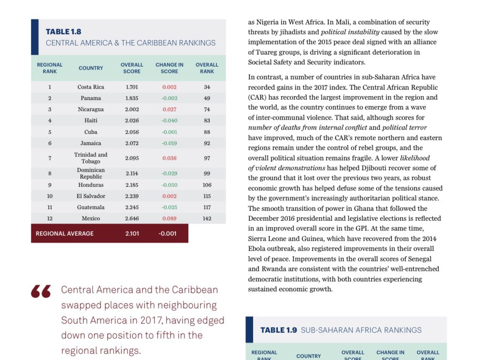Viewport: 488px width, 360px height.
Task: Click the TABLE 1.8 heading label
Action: (x=63, y=32)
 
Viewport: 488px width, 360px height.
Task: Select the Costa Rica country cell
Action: (x=91, y=87)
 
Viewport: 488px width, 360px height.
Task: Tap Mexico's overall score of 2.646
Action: (x=132, y=218)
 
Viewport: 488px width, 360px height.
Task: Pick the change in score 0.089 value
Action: (x=169, y=218)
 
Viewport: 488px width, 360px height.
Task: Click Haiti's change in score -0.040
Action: (x=169, y=121)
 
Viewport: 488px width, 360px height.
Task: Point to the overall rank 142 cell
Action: (x=207, y=218)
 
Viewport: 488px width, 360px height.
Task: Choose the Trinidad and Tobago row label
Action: (x=91, y=158)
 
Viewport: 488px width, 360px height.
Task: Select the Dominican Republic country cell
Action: (x=91, y=173)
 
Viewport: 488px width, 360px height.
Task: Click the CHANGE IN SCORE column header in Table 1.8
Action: (x=169, y=68)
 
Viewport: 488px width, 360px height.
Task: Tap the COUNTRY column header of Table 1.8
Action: (x=91, y=68)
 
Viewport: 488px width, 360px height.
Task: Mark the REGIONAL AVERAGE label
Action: (x=64, y=234)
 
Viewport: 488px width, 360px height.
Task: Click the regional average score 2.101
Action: (x=132, y=234)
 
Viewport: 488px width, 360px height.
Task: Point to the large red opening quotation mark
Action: (x=41, y=292)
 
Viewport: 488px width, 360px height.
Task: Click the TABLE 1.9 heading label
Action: (x=279, y=330)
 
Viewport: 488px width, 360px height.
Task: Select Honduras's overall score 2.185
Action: (x=132, y=185)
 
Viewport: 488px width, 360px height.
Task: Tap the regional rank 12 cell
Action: (x=50, y=218)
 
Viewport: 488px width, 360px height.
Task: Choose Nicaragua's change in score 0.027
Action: (x=169, y=109)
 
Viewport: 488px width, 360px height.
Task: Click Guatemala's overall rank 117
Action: (x=207, y=207)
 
